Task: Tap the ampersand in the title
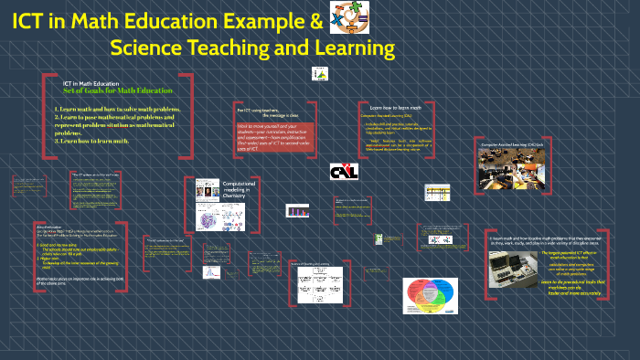[314, 20]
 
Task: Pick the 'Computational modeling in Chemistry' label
[240, 190]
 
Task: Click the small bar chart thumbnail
[298, 211]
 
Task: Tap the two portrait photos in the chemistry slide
[208, 189]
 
